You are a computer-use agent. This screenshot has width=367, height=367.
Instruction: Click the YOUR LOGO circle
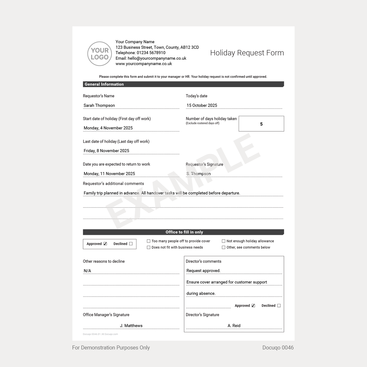(x=100, y=54)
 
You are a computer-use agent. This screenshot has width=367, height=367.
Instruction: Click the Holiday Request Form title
(x=247, y=53)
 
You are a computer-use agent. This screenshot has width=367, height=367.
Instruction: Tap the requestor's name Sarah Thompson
(x=99, y=105)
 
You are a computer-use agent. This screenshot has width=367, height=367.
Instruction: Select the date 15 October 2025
(x=202, y=105)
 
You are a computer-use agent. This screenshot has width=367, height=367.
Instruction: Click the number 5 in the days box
(x=261, y=124)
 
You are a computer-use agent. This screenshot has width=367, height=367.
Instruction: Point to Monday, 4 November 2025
(x=108, y=128)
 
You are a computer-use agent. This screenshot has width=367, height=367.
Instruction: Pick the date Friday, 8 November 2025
(x=106, y=151)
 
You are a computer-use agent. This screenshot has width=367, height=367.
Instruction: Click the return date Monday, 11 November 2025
(x=109, y=174)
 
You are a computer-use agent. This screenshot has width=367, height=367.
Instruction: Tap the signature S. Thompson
(x=199, y=174)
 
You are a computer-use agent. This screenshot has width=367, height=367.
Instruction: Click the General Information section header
(x=104, y=84)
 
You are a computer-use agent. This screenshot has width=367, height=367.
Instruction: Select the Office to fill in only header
(x=184, y=232)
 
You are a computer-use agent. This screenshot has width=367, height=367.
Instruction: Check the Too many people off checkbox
(x=149, y=241)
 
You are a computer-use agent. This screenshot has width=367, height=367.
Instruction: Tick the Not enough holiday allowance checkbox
(x=224, y=241)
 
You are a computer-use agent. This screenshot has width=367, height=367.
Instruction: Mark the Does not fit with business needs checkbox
(x=149, y=247)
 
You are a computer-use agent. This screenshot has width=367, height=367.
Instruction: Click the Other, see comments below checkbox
(x=224, y=247)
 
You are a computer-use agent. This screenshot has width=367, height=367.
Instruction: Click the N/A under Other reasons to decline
(x=87, y=271)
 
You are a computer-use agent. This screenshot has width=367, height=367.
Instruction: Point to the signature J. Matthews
(x=131, y=326)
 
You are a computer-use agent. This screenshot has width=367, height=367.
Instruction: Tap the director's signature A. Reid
(x=234, y=326)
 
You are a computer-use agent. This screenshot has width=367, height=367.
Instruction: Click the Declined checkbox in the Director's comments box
(x=279, y=306)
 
